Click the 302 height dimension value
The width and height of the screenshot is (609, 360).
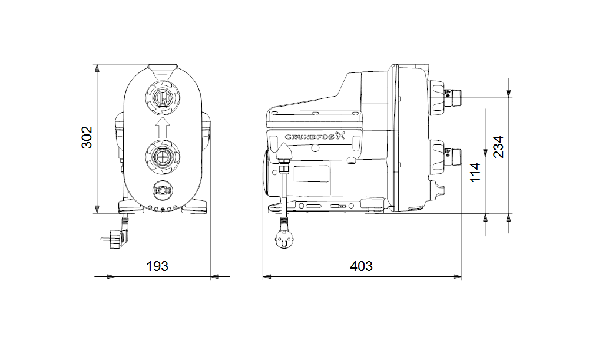(87, 137)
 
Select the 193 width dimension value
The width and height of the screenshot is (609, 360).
(157, 266)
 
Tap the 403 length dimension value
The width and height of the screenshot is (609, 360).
(361, 266)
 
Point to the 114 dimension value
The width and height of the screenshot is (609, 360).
(475, 171)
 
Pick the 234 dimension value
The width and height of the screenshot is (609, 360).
(498, 147)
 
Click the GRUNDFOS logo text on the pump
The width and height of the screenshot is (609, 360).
(309, 137)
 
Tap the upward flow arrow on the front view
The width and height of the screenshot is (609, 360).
(162, 126)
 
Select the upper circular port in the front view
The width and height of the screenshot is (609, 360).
(162, 97)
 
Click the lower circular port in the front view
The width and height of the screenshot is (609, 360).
(162, 157)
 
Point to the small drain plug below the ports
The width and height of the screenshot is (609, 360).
(162, 191)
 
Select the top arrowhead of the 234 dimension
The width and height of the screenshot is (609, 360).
(508, 93)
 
